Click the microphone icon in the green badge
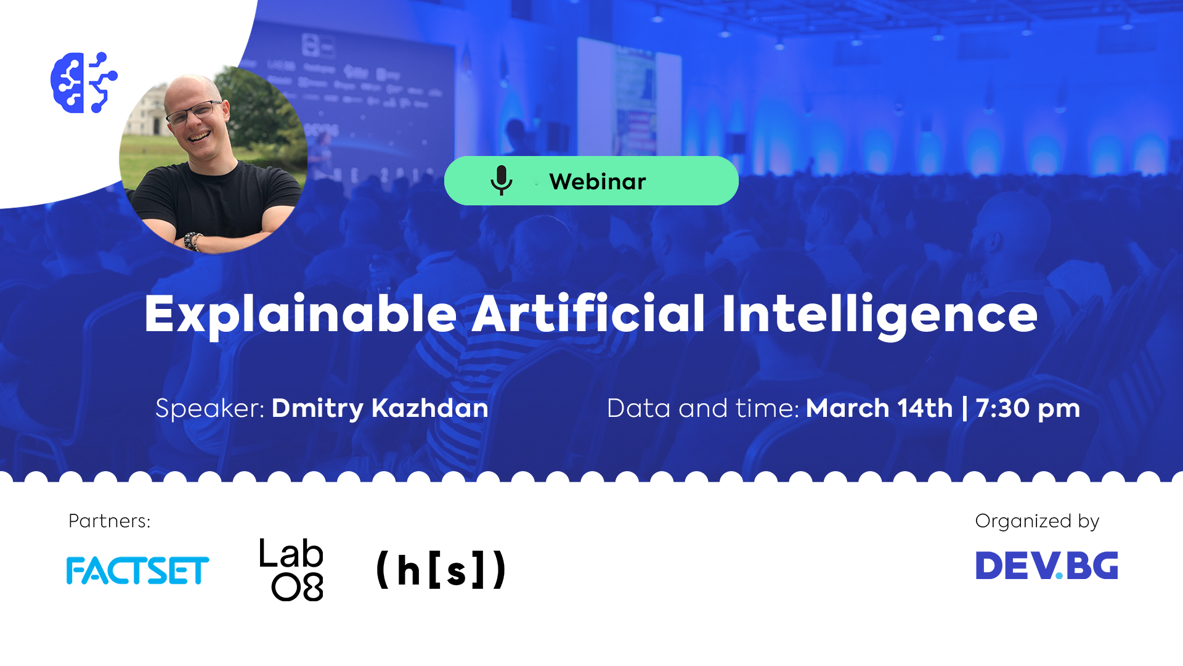tap(501, 180)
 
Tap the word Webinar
tap(597, 181)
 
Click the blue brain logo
tap(84, 83)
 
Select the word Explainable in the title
tap(300, 314)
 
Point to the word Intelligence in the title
tap(879, 314)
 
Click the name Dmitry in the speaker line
tap(317, 409)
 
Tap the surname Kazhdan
tap(430, 408)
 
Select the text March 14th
tap(879, 408)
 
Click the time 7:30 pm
tap(1028, 408)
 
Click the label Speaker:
tap(209, 408)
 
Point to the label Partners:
tap(109, 521)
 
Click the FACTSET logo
tap(137, 570)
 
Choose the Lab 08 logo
tap(291, 569)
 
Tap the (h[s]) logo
tap(441, 569)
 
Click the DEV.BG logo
tap(1046, 565)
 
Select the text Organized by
tap(1037, 521)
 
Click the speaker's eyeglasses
tap(193, 113)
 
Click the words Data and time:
tap(702, 408)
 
